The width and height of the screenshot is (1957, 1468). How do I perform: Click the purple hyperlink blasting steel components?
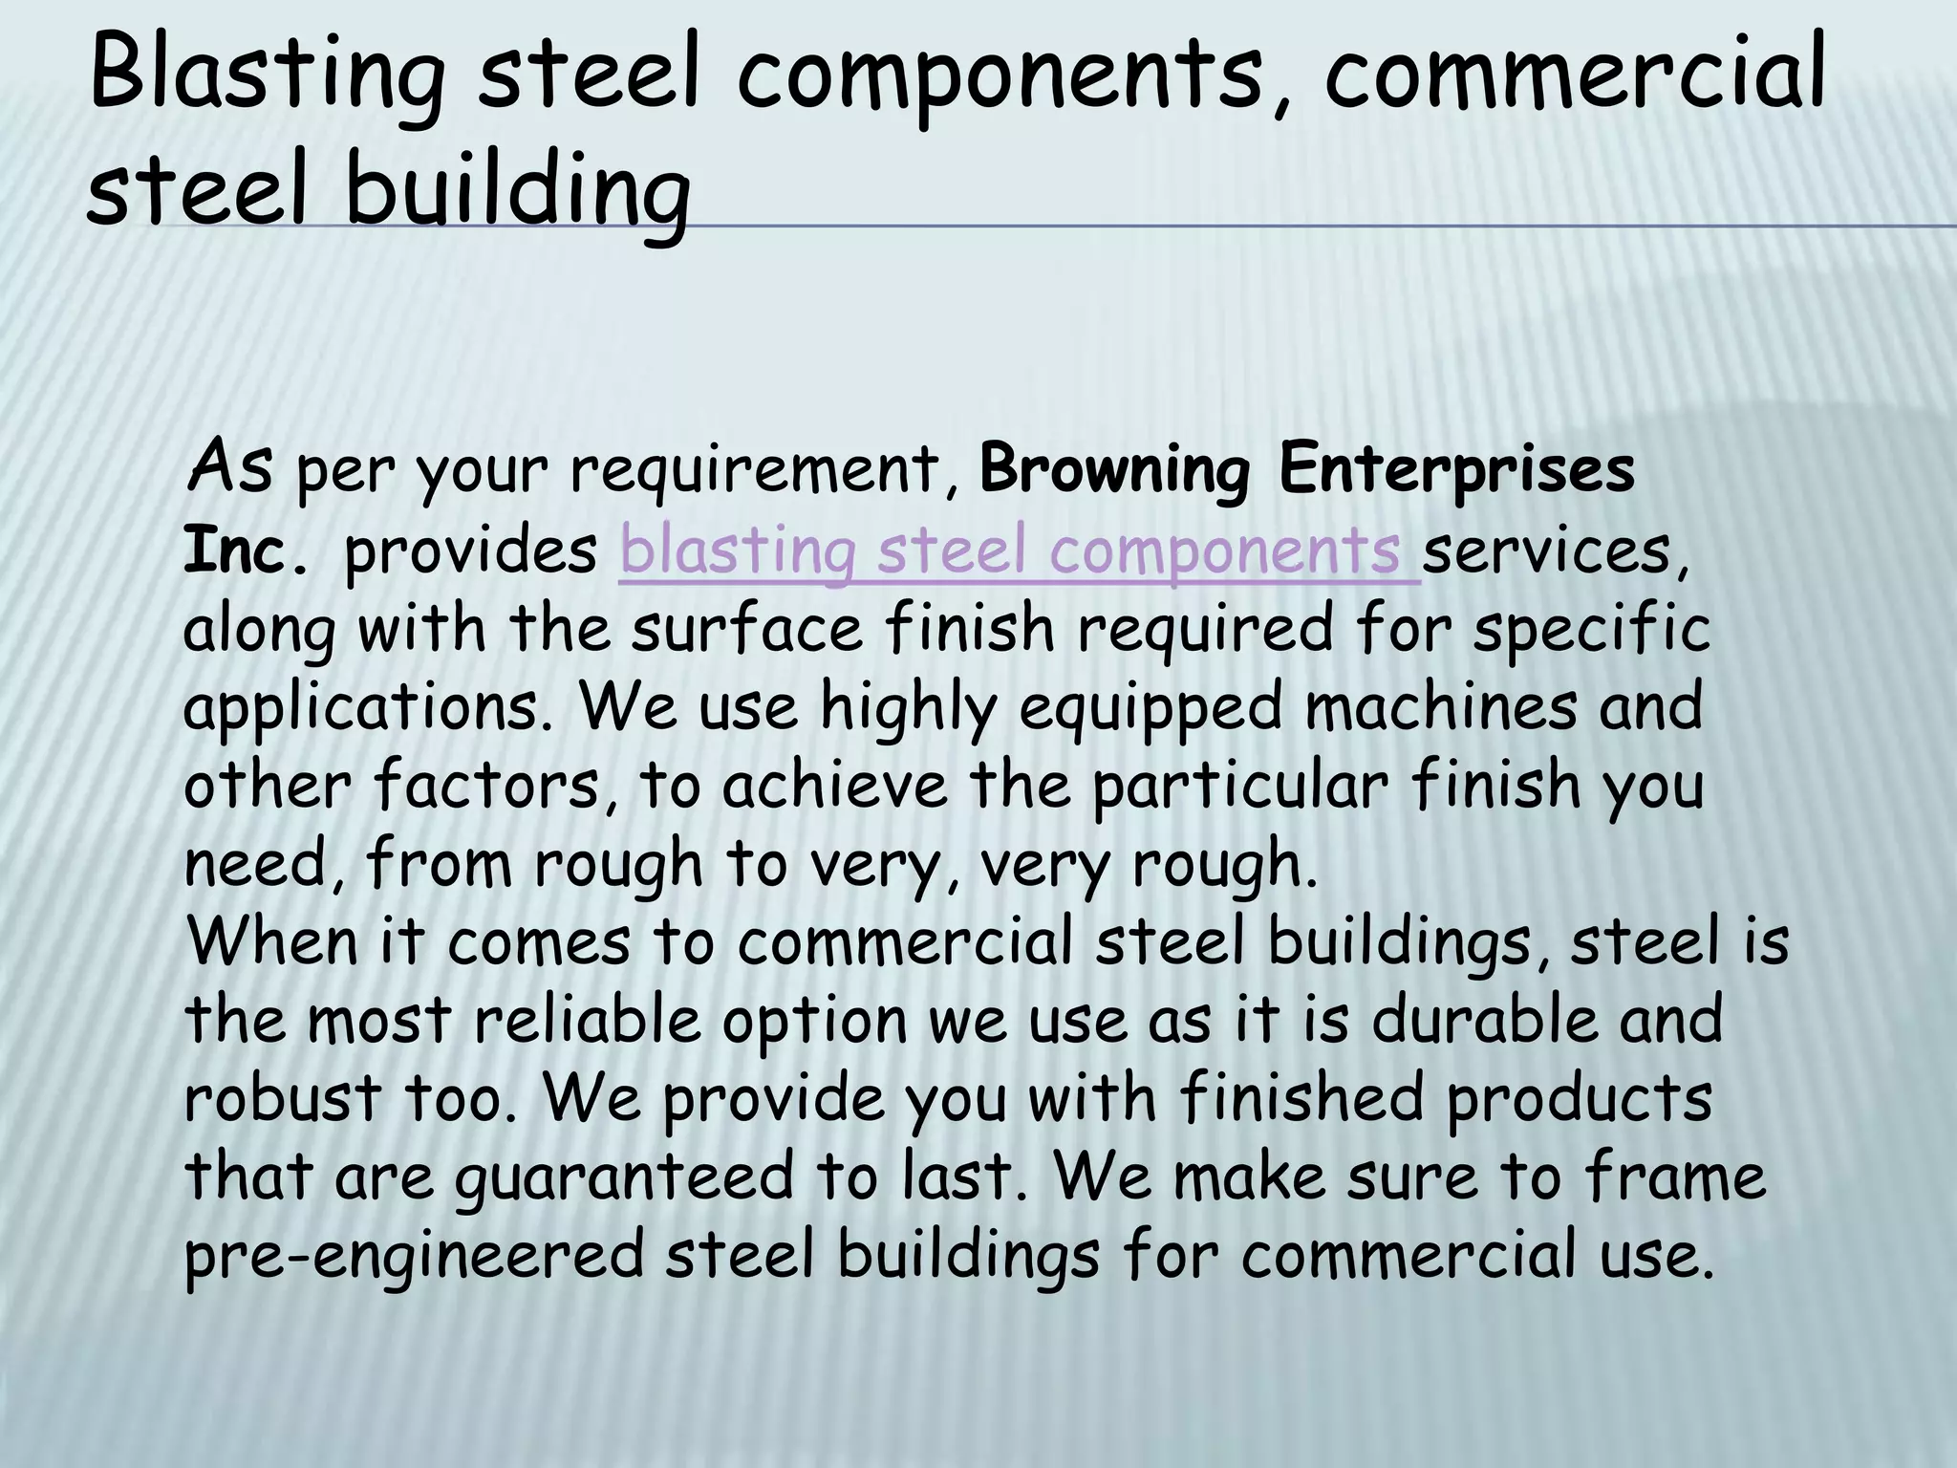pos(1019,551)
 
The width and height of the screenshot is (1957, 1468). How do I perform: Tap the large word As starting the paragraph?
pos(230,466)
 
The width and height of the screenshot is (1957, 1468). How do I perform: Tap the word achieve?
pos(834,787)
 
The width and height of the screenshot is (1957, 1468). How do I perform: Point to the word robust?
pos(283,1098)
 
